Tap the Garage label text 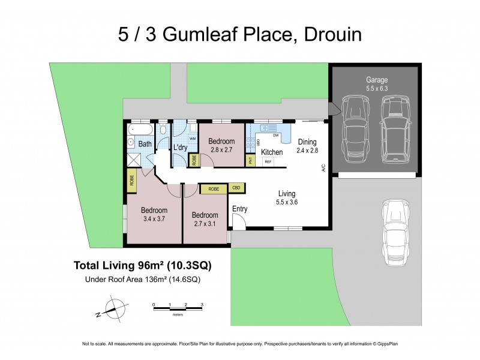(377, 79)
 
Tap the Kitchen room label (272, 152)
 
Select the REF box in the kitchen (269, 161)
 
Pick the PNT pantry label (250, 160)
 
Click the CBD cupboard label (237, 188)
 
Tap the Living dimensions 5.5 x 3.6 (287, 202)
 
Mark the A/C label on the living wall (323, 169)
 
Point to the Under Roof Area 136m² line (142, 278)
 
